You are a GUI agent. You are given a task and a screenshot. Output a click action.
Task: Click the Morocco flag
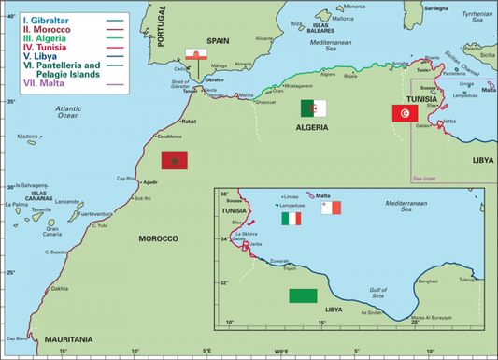pyautogui.click(x=175, y=160)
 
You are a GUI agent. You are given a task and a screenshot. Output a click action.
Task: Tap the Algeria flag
pyautogui.click(x=313, y=108)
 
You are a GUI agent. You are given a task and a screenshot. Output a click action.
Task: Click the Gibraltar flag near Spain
pyautogui.click(x=197, y=56)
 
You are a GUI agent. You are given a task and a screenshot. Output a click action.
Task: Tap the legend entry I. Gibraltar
pyautogui.click(x=36, y=18)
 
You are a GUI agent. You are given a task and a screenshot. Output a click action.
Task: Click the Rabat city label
pyautogui.click(x=188, y=122)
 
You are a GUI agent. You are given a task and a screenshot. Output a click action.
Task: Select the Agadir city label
pyautogui.click(x=151, y=182)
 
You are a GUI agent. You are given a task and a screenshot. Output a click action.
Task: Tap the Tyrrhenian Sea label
pyautogui.click(x=475, y=19)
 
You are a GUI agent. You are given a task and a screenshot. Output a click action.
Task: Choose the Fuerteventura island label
pyautogui.click(x=94, y=215)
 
